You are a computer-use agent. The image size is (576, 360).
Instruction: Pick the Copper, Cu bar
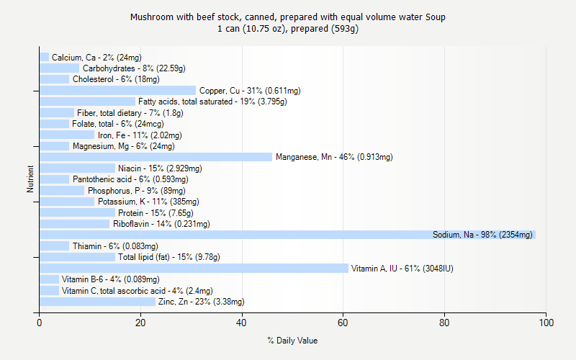point(117,91)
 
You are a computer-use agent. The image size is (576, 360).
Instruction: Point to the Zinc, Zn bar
point(96,302)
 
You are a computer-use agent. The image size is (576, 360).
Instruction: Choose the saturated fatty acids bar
point(86,102)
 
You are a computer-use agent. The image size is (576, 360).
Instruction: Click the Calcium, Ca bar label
point(96,58)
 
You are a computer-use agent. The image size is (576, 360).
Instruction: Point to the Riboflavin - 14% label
point(161,224)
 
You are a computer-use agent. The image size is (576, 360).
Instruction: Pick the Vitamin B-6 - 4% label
point(111,279)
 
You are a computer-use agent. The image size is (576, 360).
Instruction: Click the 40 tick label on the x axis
point(242,323)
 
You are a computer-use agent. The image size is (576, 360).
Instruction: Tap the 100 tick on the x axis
point(546,323)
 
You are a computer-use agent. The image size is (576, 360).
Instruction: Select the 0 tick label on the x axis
point(39,323)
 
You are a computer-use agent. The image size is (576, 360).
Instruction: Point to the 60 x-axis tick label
point(343,323)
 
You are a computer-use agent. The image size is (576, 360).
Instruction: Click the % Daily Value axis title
point(292,341)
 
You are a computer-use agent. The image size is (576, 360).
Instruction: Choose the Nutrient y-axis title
point(31,179)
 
